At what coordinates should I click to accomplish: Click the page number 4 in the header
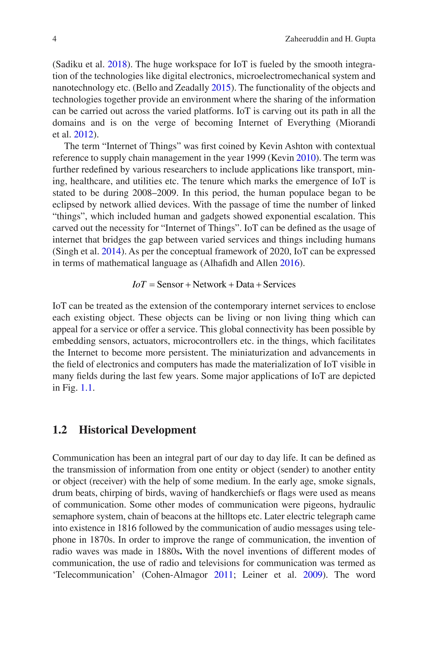point(54,39)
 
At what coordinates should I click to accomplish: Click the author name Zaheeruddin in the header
point(307,39)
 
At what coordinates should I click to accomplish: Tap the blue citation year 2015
point(221,88)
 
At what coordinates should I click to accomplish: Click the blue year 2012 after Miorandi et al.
point(84,135)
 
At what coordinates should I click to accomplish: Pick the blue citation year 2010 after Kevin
point(306,158)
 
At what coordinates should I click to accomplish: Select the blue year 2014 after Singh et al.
point(111,251)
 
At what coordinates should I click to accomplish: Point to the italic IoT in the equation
point(139,285)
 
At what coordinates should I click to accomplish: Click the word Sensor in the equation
point(170,285)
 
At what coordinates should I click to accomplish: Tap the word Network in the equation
point(209,285)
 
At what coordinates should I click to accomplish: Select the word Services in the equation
point(279,285)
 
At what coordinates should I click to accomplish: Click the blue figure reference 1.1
point(86,388)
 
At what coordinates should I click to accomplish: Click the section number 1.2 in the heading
point(60,430)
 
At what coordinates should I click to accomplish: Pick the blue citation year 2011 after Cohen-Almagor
point(223,575)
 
